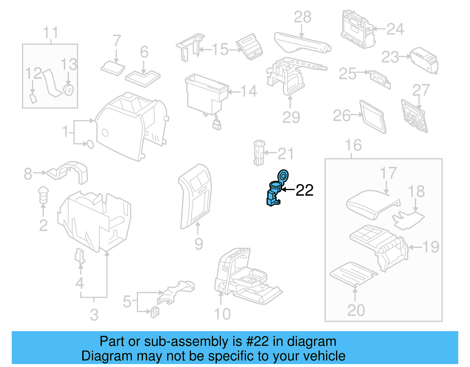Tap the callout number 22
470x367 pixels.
pos(305,190)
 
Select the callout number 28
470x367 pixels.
pos(303,17)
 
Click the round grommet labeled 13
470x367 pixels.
pos(69,90)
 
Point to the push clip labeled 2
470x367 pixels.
pos(43,194)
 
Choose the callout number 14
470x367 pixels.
pos(249,91)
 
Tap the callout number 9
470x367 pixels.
pos(199,244)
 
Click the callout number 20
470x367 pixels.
pos(356,310)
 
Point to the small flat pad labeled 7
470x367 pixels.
pos(113,69)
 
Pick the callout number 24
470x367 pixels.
pos(395,29)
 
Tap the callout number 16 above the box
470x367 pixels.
pos(353,145)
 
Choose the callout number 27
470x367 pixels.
pos(421,90)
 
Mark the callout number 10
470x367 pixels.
pos(222,314)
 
